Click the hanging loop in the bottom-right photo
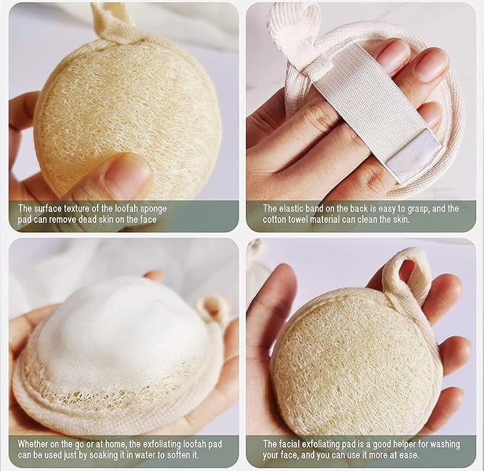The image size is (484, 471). pyautogui.click(x=408, y=275)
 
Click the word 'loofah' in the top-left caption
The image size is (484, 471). pyautogui.click(x=127, y=208)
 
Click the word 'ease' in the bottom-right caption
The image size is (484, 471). pyautogui.click(x=409, y=455)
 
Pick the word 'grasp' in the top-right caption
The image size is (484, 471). pyautogui.click(x=419, y=209)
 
